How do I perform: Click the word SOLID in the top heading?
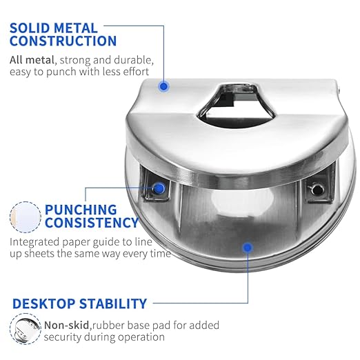pos(30,28)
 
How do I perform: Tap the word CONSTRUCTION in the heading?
pos(63,41)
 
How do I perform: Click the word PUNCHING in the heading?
pos(81,210)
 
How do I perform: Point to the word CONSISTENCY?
pos(92,222)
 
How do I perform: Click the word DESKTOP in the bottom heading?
pos(43,303)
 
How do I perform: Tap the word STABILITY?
pos(113,303)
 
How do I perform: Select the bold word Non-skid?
pos(66,325)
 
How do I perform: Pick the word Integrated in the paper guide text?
pos(34,242)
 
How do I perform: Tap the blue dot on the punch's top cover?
pos(163,86)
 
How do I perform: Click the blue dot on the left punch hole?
pos(159,188)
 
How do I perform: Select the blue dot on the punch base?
pos(248,248)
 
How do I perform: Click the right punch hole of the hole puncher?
pos(318,190)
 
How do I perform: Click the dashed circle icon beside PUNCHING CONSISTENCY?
pos(26,217)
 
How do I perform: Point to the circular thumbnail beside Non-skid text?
pos(26,329)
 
